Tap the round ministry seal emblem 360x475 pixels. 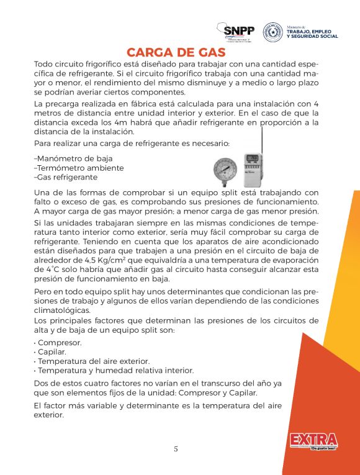[x=272, y=32]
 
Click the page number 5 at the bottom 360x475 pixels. [x=176, y=449]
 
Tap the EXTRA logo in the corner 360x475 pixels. [x=313, y=441]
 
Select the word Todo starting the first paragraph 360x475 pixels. [x=44, y=65]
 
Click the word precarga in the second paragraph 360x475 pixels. [x=65, y=103]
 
